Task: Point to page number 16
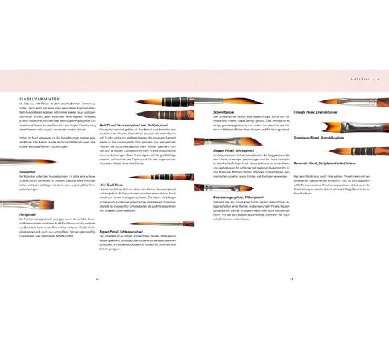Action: (x=98, y=278)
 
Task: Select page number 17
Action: (x=291, y=278)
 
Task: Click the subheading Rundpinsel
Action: (x=28, y=171)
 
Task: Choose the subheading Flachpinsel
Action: (x=29, y=214)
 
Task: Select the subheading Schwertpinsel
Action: (x=227, y=111)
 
